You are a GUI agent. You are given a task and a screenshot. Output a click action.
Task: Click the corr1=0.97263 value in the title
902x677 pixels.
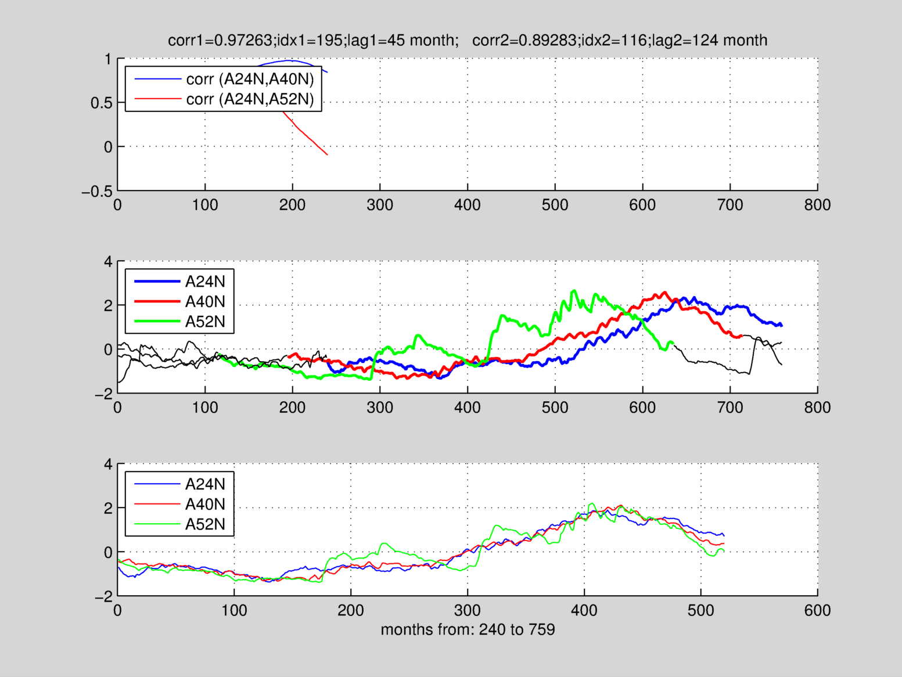coord(220,40)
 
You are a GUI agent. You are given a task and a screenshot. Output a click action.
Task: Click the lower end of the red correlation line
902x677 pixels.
coord(328,155)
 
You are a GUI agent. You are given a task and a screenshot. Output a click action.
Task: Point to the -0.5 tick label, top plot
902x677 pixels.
coord(97,192)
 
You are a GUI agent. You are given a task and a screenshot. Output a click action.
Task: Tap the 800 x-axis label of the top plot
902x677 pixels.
coord(817,205)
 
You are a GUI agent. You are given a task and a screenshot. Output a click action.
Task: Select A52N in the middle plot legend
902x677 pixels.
coord(205,322)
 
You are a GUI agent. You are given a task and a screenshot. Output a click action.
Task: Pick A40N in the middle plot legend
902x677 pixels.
coord(205,302)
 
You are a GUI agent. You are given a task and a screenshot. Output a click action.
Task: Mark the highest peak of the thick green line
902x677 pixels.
coord(574,290)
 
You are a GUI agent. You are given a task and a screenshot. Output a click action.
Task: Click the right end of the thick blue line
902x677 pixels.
coord(782,325)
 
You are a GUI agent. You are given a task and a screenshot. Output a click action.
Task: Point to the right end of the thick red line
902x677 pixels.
coord(741,336)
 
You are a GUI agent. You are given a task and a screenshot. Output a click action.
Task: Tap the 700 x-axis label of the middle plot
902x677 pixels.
coord(730,408)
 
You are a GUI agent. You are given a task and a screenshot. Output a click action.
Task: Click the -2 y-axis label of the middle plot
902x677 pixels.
coord(104,394)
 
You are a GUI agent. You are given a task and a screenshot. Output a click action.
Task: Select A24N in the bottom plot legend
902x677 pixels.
coord(205,484)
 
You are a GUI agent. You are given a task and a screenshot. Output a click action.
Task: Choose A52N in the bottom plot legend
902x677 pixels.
coord(205,524)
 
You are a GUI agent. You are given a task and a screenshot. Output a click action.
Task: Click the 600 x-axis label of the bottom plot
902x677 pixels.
coord(817,610)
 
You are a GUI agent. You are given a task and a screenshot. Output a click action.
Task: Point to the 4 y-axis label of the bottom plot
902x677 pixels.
coord(108,464)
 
